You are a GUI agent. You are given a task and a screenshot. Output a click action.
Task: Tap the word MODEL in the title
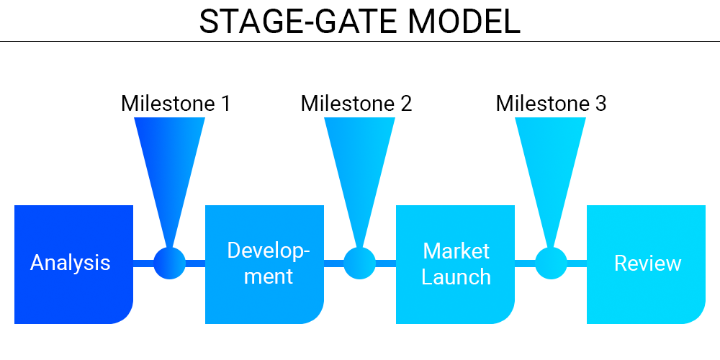coord(464,22)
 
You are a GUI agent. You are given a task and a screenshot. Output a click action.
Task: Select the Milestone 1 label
coord(176,104)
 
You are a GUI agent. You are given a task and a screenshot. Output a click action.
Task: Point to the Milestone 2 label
coord(356,104)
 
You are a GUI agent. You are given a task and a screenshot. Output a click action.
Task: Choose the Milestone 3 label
coord(551,104)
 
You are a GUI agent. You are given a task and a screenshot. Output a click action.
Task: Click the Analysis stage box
coord(73,264)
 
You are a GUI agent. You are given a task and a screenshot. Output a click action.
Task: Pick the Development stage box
coord(264,264)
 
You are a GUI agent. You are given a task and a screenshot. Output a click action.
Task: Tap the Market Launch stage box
coord(455,264)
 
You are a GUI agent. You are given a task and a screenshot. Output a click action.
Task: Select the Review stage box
coord(646,264)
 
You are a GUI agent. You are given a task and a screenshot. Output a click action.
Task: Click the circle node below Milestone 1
coord(169,263)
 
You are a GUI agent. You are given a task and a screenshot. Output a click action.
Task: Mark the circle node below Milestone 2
coord(360,263)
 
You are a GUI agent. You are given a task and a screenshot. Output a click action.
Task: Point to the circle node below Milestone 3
coord(551,263)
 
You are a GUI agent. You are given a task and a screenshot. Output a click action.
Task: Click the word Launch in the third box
coord(456,277)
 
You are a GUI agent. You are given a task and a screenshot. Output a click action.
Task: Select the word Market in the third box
coord(456,251)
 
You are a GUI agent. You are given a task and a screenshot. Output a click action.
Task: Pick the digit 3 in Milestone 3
coord(600,104)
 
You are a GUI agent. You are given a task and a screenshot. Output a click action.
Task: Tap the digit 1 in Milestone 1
coord(225,104)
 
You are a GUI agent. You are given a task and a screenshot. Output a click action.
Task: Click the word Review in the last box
coord(648,264)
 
